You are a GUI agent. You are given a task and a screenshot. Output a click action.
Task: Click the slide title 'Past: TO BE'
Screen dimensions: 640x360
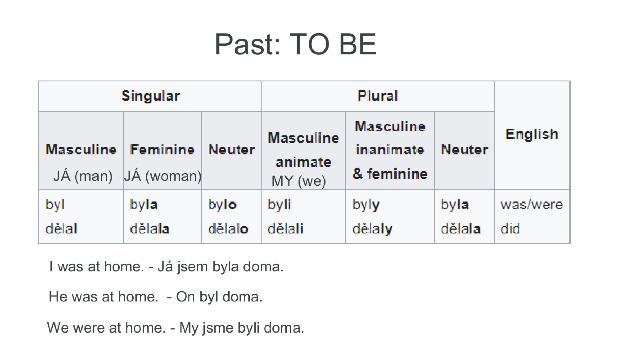click(x=296, y=44)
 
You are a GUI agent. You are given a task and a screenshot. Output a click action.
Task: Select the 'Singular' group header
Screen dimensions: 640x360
click(x=151, y=96)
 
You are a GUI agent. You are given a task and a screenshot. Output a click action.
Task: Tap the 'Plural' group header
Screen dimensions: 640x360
click(x=378, y=96)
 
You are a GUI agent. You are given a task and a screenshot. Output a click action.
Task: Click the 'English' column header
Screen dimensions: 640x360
click(x=532, y=134)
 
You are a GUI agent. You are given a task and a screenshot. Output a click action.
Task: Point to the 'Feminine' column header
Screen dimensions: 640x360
click(x=162, y=149)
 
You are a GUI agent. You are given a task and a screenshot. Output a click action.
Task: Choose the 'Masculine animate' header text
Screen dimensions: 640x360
click(x=303, y=150)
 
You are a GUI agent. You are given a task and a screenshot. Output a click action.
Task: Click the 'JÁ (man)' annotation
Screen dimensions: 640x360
click(x=83, y=176)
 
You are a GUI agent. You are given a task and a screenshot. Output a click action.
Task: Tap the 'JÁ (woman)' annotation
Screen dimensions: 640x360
click(x=163, y=176)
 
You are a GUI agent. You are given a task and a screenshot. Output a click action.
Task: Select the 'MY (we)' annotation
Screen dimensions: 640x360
click(x=299, y=181)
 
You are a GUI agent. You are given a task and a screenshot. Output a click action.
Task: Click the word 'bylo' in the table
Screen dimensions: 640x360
click(x=222, y=204)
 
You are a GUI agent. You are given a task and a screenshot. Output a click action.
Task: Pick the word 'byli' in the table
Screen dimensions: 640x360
click(x=279, y=204)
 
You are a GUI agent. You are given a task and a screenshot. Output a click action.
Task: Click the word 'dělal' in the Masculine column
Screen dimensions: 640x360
click(x=61, y=229)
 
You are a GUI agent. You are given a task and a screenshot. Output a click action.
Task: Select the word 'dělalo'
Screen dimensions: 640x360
click(x=228, y=229)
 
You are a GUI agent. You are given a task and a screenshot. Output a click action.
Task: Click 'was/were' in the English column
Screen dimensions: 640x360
click(x=532, y=204)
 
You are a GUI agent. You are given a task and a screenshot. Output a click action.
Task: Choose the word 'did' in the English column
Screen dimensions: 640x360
click(x=510, y=229)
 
